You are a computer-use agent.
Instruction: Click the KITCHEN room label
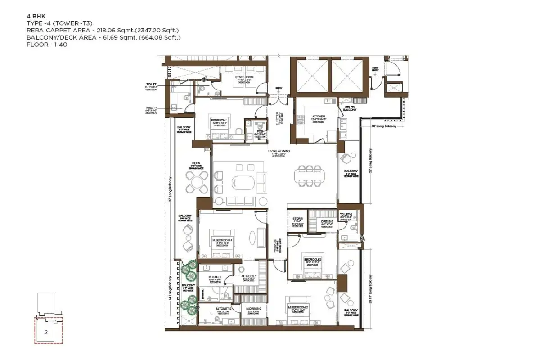(318, 117)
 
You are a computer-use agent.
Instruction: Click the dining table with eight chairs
(310, 175)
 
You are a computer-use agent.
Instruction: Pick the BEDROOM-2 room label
(312, 260)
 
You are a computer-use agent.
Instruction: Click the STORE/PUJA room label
(297, 220)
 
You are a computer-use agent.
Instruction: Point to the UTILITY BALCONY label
(350, 109)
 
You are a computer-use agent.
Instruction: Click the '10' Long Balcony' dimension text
(384, 126)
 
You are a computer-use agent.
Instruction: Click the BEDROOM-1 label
(219, 120)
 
